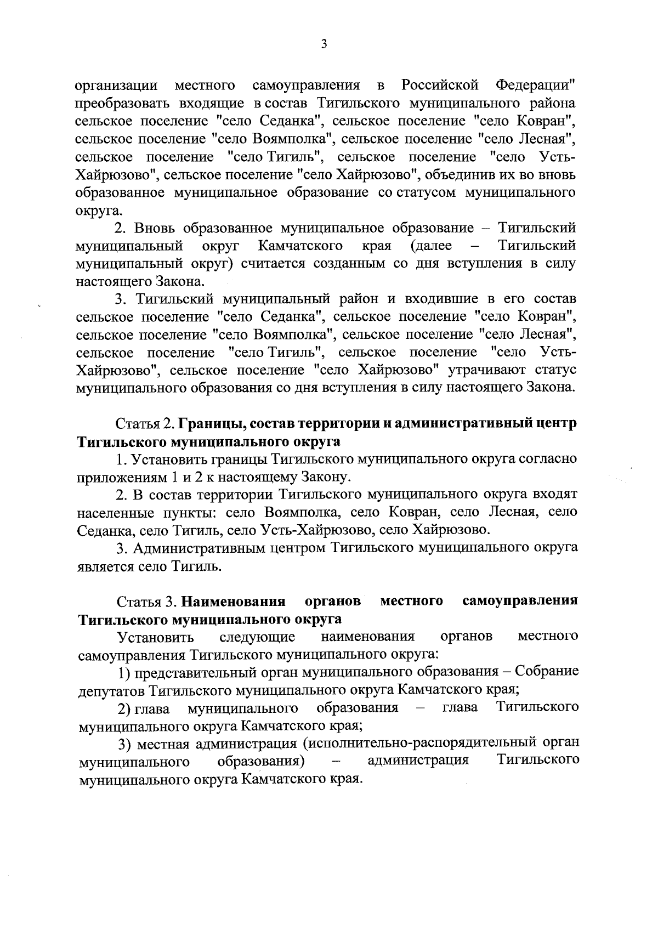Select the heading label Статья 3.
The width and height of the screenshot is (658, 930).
point(146,602)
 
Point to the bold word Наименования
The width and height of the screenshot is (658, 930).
point(234,602)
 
